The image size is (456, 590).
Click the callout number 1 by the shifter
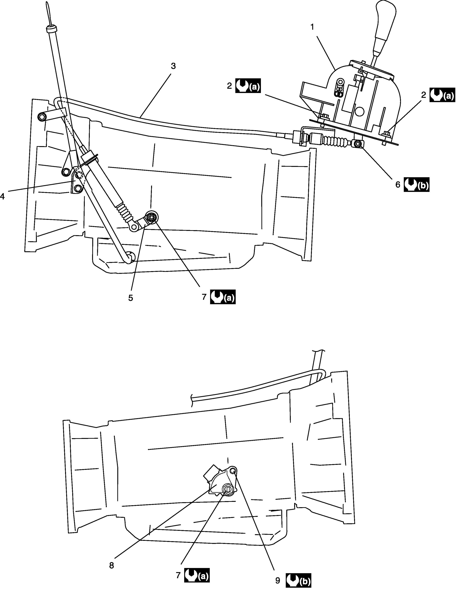point(312,27)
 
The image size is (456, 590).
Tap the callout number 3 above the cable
point(173,66)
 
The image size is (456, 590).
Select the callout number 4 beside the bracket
point(2,196)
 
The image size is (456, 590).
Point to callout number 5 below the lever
point(131,298)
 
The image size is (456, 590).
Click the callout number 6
point(398,185)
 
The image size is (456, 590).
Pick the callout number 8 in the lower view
point(111,565)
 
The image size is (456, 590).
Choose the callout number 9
point(278,579)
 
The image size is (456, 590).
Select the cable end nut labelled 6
point(357,144)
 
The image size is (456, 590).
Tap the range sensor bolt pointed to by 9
point(233,472)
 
